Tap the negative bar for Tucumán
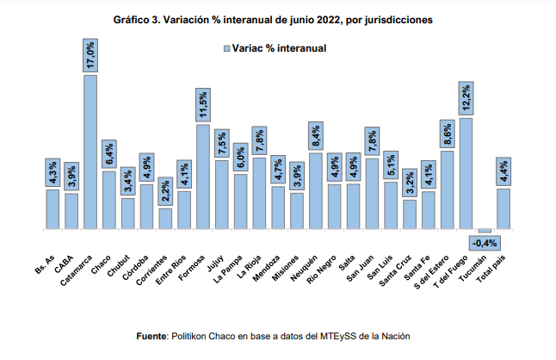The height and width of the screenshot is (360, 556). click(485, 231)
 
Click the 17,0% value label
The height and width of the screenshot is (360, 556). click(90, 56)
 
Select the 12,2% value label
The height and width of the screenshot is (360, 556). click(466, 99)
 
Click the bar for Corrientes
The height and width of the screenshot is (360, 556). click(165, 220)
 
